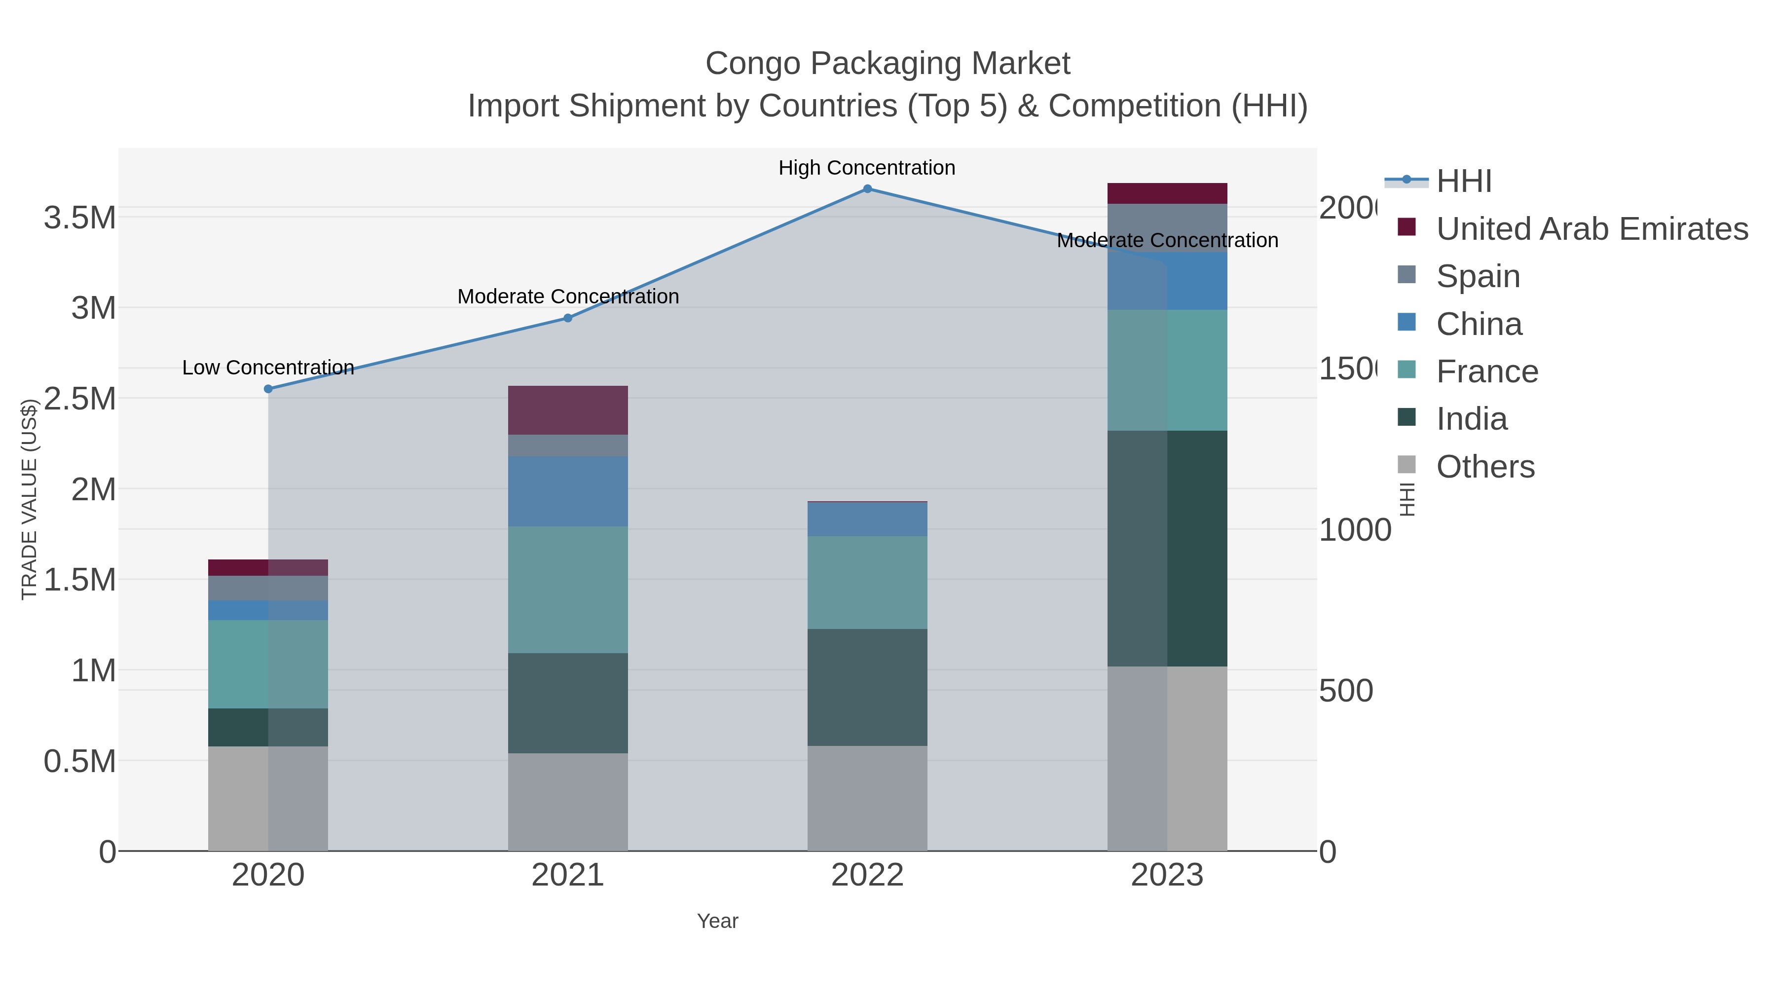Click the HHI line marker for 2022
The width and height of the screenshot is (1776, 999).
click(x=867, y=189)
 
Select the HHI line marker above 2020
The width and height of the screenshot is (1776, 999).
click(x=268, y=389)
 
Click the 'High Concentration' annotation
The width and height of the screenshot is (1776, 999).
click(x=867, y=168)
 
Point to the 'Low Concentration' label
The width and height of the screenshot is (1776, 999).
click(x=268, y=368)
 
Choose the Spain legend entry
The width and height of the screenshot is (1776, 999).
click(x=1478, y=276)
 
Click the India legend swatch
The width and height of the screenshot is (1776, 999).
click(x=1407, y=418)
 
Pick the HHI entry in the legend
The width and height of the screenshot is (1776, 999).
click(x=1464, y=182)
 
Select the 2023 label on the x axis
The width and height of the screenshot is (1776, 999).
click(x=1167, y=875)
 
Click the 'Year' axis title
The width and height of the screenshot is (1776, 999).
click(x=717, y=921)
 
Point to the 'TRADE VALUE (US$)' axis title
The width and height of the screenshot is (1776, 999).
click(x=29, y=499)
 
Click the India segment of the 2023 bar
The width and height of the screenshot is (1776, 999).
click(x=1167, y=548)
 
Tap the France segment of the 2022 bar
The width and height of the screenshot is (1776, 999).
click(x=867, y=582)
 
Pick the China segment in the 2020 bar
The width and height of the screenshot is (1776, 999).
click(x=268, y=610)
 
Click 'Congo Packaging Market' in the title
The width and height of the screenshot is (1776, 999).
click(x=888, y=64)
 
